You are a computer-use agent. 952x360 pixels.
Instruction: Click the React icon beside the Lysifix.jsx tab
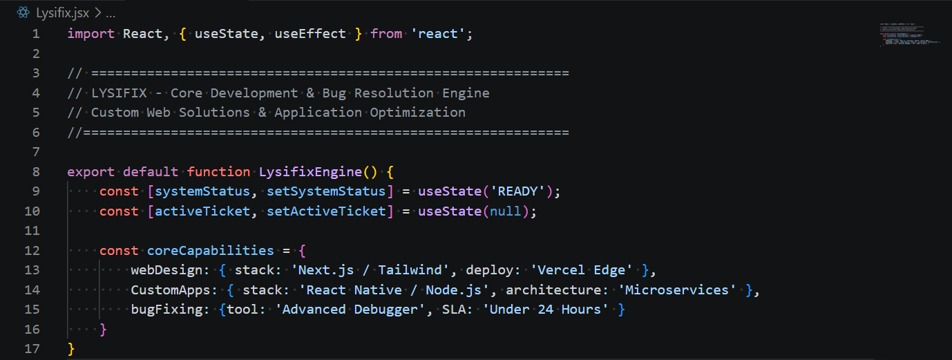(23, 12)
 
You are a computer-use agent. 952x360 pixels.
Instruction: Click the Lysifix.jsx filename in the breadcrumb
(62, 13)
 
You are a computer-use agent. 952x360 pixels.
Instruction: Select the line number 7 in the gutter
(36, 152)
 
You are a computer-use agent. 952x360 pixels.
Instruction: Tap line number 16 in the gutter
(32, 330)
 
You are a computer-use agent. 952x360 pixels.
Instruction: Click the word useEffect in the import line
(310, 34)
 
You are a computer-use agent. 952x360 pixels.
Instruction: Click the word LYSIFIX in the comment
(119, 93)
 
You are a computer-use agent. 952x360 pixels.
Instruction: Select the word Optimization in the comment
(417, 113)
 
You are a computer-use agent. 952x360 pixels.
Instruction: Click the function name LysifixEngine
(310, 172)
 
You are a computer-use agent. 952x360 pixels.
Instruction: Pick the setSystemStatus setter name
(326, 191)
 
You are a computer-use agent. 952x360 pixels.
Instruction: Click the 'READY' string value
(517, 191)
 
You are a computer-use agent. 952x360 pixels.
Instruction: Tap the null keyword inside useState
(505, 211)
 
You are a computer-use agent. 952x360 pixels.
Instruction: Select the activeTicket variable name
(202, 211)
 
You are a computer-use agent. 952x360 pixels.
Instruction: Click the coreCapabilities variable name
(211, 251)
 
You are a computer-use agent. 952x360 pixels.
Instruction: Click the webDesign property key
(166, 270)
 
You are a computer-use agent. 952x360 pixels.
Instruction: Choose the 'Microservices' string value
(677, 290)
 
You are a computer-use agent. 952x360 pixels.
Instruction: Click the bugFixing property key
(166, 310)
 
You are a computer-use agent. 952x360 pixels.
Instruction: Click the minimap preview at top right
(909, 35)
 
